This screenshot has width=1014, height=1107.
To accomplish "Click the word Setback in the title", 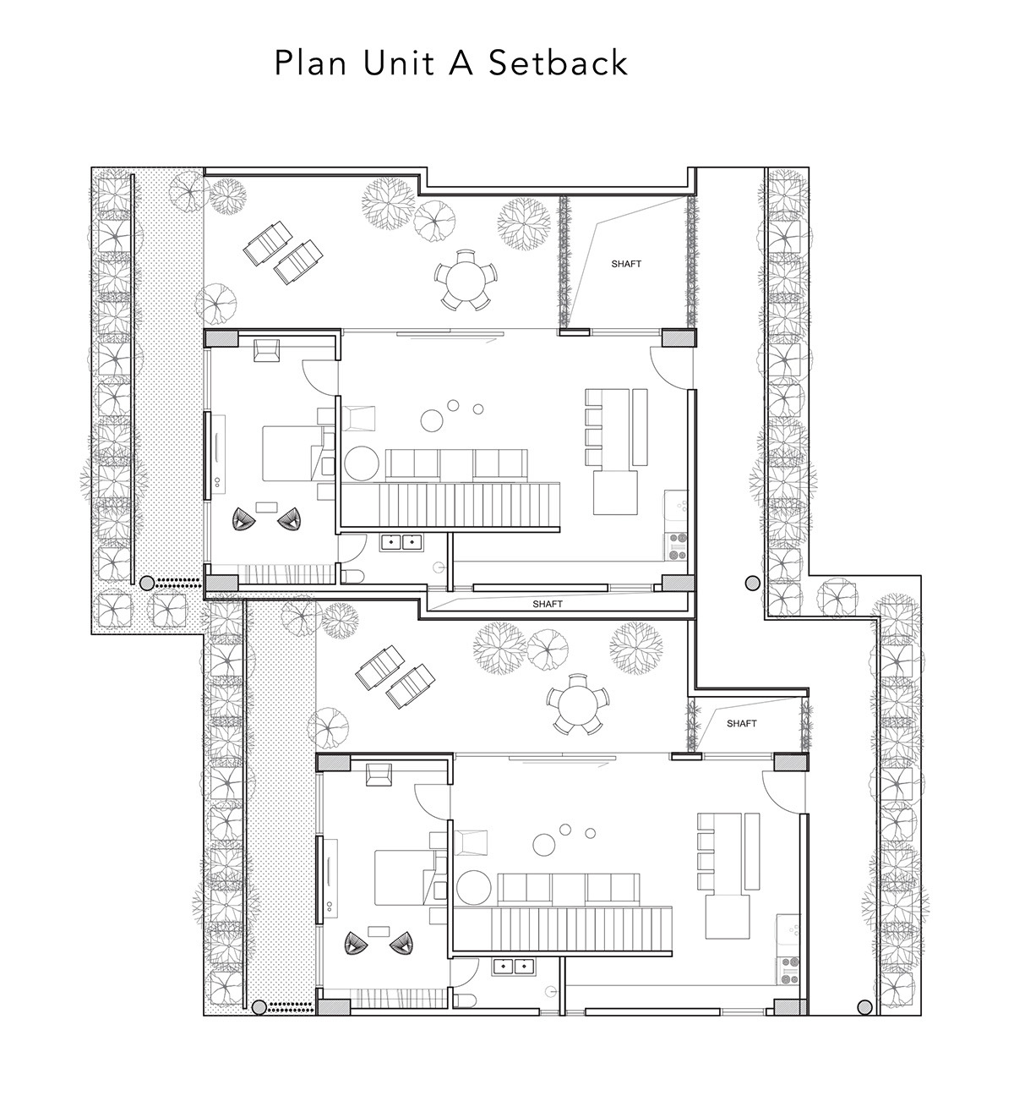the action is (x=558, y=62).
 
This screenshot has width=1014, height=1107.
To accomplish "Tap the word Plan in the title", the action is (x=310, y=62).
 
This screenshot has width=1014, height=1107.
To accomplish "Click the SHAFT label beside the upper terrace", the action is (x=626, y=265).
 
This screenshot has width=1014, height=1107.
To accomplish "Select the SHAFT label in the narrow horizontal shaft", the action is (x=548, y=605).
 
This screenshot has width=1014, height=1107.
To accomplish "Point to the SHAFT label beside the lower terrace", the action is (x=742, y=723).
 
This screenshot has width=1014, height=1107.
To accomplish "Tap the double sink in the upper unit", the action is (x=401, y=542).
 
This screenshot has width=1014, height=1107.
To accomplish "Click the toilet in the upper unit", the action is (x=352, y=577).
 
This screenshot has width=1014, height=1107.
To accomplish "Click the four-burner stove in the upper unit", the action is (x=677, y=545).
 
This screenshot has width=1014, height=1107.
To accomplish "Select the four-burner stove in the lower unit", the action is (x=789, y=970).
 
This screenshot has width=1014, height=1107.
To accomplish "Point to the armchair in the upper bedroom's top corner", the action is (x=266, y=350).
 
